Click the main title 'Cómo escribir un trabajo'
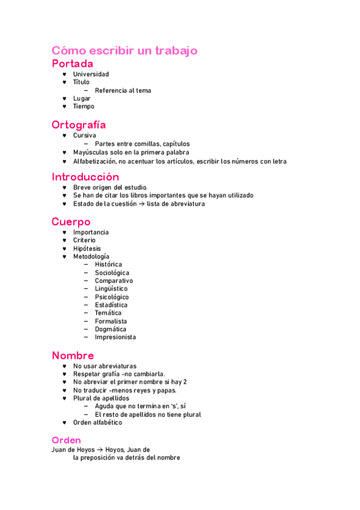(x=124, y=51)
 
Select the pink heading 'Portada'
(x=72, y=63)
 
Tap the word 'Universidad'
(x=91, y=74)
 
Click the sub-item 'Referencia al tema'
(x=123, y=90)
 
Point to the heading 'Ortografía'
(x=79, y=124)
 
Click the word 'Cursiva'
(x=84, y=135)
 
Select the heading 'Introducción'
(x=85, y=177)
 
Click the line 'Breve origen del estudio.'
(x=110, y=188)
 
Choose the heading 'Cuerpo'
(x=71, y=221)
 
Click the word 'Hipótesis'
(x=87, y=248)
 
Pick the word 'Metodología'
(x=91, y=257)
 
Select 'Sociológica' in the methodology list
(x=112, y=273)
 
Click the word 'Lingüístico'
(x=111, y=289)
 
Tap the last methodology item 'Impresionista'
(x=115, y=337)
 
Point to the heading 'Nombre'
(x=73, y=355)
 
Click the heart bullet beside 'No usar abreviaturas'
(x=65, y=366)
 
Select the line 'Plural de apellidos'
(x=101, y=398)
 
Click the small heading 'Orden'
(x=66, y=440)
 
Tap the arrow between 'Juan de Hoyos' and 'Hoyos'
(x=100, y=450)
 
